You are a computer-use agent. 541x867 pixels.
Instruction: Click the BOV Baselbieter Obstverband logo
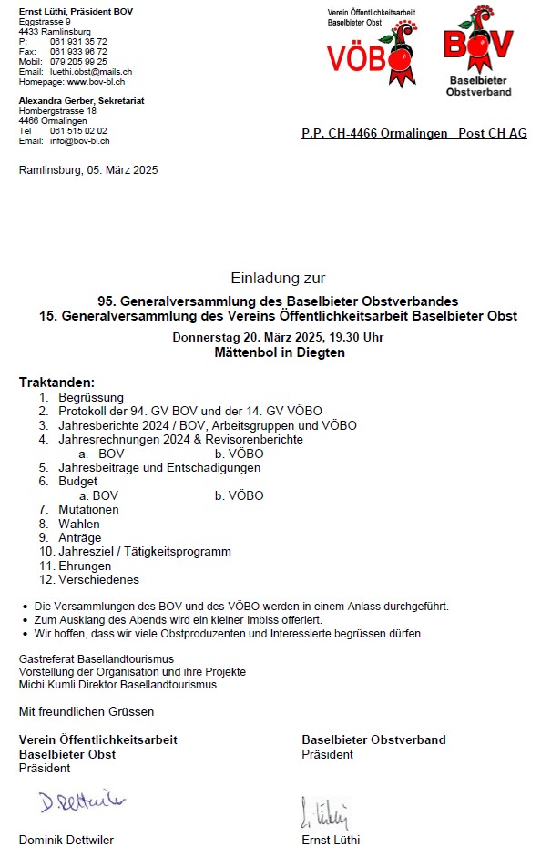[478, 50]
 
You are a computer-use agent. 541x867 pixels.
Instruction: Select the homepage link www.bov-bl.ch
[96, 81]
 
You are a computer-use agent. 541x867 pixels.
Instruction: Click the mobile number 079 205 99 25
[78, 61]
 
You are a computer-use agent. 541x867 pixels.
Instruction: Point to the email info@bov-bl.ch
[79, 141]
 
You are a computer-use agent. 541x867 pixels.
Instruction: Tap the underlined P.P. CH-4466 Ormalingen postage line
[413, 134]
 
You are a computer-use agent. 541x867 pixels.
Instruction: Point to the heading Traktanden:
[56, 382]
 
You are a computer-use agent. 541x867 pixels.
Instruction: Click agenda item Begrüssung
[91, 398]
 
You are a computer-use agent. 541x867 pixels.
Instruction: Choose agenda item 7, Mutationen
[88, 510]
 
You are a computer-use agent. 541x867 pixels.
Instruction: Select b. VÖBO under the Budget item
[239, 495]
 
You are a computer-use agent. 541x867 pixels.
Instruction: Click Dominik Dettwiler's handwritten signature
[82, 802]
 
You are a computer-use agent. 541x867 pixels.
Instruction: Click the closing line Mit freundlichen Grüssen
[87, 711]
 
